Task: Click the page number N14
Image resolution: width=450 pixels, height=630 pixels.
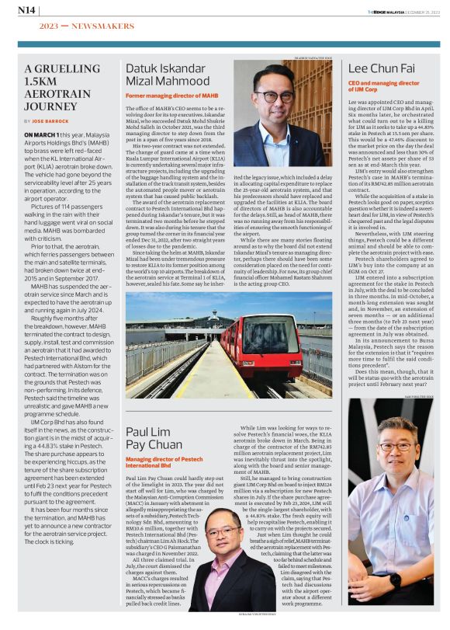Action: [26, 10]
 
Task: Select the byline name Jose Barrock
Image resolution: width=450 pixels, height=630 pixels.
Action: [52, 122]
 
